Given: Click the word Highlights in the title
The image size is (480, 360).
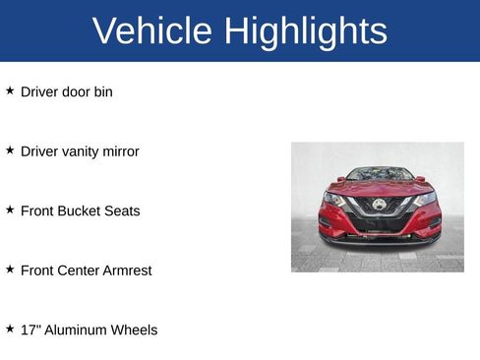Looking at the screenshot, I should coord(305,31).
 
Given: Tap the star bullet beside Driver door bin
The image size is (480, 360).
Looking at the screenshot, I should coord(10,90).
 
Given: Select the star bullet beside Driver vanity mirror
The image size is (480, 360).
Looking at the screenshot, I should coord(10,150).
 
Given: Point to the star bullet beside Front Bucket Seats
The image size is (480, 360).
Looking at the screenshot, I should coord(10,210).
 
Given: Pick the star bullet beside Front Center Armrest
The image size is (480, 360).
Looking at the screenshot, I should coord(10,270).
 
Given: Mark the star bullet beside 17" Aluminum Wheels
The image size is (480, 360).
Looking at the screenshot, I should coord(10,329).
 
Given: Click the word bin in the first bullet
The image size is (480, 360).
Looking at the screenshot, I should coord(102,92).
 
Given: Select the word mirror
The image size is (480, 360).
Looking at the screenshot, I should coord(124,151).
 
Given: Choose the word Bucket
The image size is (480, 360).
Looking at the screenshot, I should coord(80,211).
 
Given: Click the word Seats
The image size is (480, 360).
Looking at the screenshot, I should coord(123,211).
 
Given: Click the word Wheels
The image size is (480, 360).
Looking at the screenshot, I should coord(134,330).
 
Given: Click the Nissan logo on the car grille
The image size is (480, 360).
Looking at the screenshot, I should coord(379,205).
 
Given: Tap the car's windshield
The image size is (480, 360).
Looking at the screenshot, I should coord(379,175).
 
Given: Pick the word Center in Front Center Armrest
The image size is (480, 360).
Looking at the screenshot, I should coord(78,270).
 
